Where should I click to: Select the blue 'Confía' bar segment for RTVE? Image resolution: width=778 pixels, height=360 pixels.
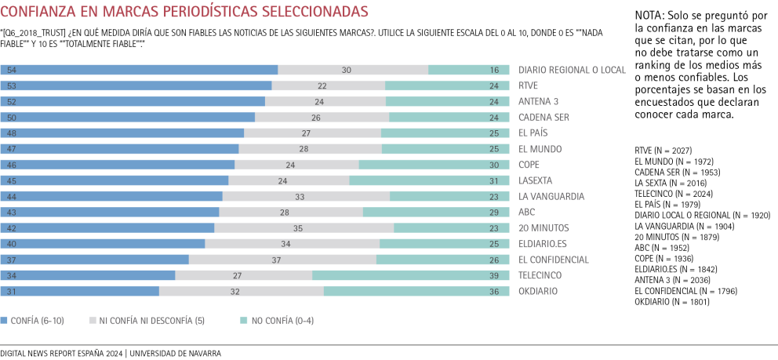click(136, 85)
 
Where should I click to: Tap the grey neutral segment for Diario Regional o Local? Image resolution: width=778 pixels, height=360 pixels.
click(353, 70)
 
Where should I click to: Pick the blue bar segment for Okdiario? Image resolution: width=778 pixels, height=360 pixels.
click(80, 291)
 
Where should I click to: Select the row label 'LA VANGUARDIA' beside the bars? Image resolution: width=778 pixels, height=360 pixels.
click(549, 196)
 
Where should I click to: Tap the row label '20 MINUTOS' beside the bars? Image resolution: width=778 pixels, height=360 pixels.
click(543, 227)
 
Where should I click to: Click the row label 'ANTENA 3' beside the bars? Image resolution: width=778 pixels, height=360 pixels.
click(539, 101)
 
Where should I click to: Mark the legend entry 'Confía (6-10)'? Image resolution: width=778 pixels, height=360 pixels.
click(36, 320)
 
